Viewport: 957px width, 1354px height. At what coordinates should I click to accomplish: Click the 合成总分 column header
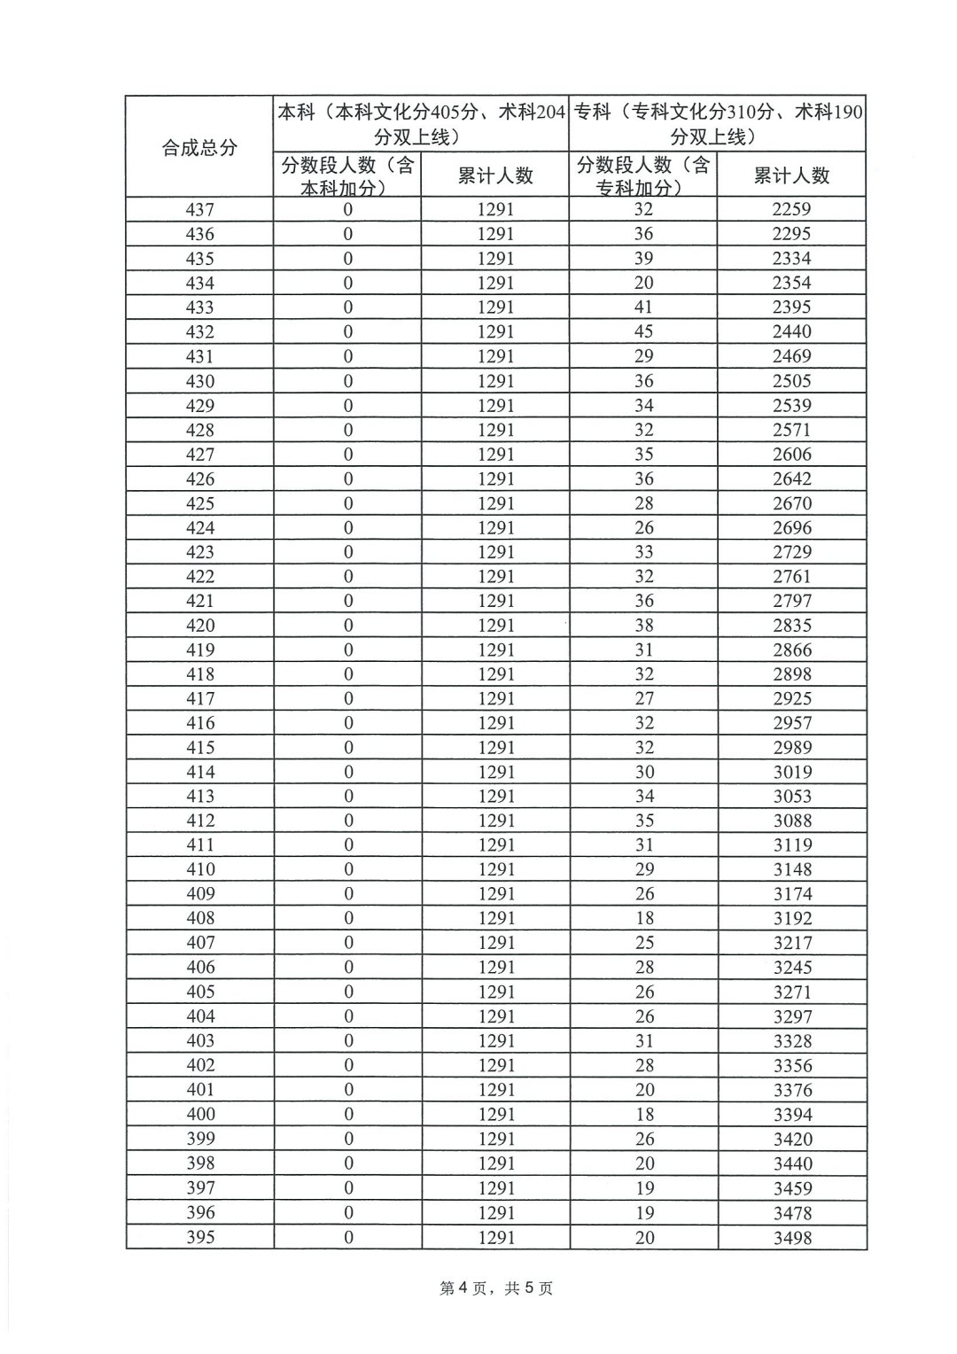point(199,147)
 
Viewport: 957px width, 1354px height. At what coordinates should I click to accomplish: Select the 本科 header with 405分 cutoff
point(421,124)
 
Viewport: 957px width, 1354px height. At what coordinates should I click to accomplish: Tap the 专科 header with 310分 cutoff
point(718,124)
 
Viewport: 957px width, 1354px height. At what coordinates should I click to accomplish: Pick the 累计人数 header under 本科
point(495,175)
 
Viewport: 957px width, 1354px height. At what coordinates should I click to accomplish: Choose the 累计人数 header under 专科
point(791,175)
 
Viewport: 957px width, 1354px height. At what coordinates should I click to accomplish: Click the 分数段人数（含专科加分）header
point(643,175)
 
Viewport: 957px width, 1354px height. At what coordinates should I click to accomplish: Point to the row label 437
point(199,210)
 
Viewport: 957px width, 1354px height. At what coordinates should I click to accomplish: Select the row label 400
point(199,1115)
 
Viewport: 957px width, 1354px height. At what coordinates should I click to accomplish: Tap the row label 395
point(199,1237)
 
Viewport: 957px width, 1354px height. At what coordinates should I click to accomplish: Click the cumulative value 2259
point(791,210)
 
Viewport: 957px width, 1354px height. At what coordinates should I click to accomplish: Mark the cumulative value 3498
point(791,1238)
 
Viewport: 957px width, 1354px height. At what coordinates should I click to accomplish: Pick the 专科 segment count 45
point(643,331)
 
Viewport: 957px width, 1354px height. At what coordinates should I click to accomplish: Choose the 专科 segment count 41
point(643,307)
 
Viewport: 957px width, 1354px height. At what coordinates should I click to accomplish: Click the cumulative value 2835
point(791,626)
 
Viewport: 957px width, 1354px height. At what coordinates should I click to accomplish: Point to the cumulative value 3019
point(791,772)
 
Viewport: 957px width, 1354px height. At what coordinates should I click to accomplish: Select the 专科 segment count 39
point(643,259)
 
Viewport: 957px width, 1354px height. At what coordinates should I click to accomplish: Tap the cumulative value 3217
point(791,943)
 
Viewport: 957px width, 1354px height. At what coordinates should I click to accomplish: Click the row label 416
point(199,723)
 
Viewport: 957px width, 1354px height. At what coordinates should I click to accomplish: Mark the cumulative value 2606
point(791,455)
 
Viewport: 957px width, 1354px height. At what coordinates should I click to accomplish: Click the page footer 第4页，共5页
point(496,1288)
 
